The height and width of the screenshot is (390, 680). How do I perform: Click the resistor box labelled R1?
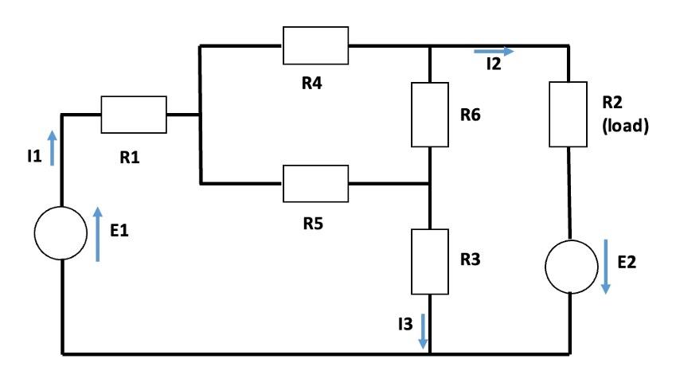[x=134, y=115]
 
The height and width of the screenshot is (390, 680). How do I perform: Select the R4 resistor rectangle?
[x=315, y=45]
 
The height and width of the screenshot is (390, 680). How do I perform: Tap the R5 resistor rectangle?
[x=315, y=184]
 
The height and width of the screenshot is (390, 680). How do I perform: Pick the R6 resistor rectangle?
[x=430, y=115]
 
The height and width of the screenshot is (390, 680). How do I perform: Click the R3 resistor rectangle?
[x=430, y=260]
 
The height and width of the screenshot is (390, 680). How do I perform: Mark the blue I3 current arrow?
[x=423, y=331]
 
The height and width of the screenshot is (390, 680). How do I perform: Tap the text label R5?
[x=312, y=222]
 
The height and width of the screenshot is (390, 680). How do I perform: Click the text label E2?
[x=627, y=260]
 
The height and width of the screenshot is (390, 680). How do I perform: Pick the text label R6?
[x=471, y=115]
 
